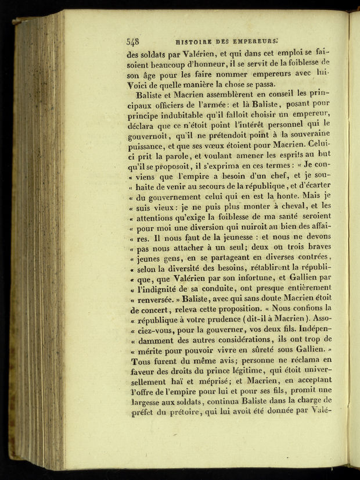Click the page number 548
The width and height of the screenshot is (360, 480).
[x=132, y=42]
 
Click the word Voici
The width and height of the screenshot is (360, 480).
[x=139, y=85]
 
